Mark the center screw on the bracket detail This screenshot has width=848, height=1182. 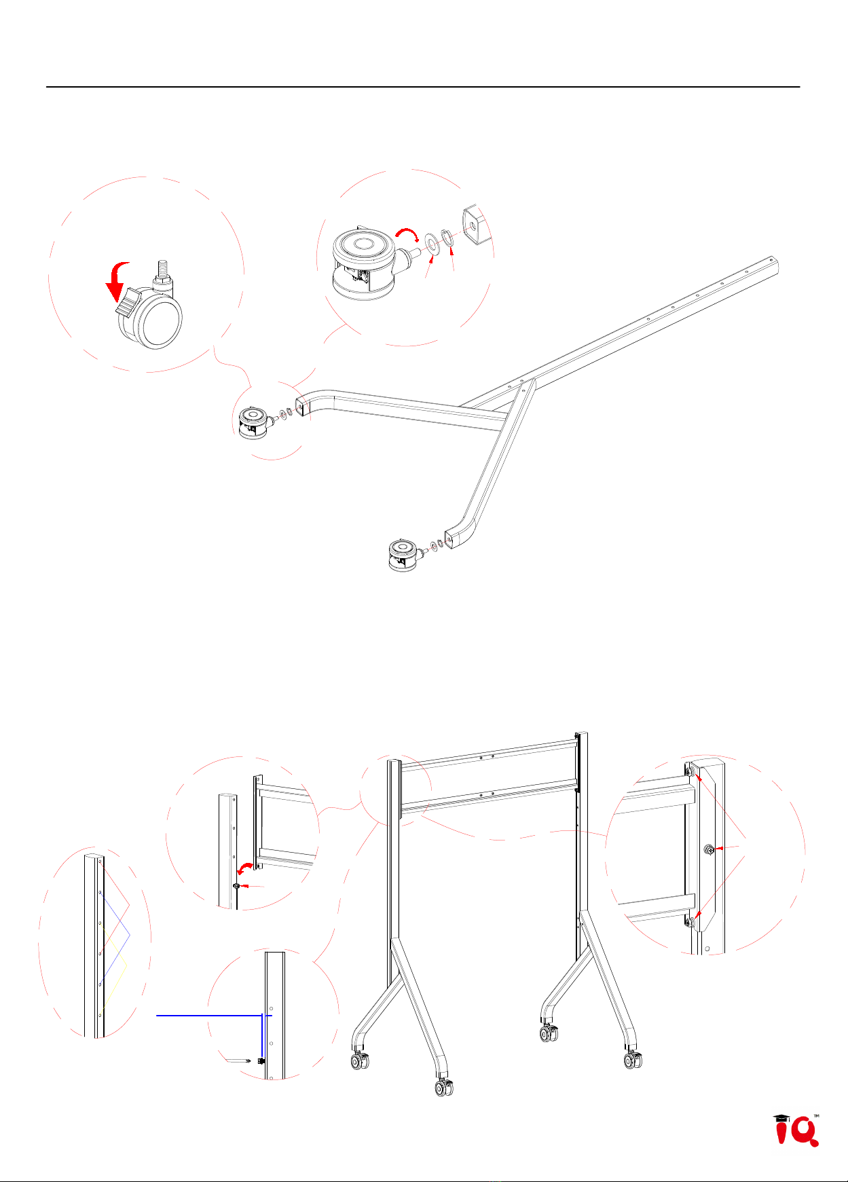(x=709, y=849)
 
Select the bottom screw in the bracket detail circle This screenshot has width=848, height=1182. (x=690, y=921)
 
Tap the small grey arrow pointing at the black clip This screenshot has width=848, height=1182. (x=238, y=1059)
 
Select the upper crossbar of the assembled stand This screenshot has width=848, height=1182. (x=489, y=754)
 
